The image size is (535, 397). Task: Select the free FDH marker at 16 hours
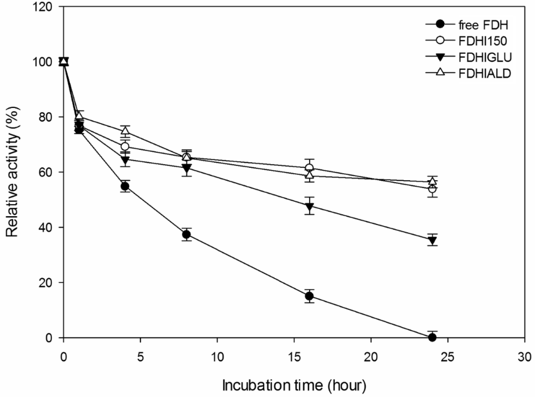(309, 296)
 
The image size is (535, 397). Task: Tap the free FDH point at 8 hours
(187, 235)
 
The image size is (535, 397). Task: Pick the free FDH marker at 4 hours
(125, 186)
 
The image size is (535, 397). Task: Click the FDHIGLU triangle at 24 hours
(432, 240)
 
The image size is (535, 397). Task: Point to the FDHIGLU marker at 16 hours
(309, 207)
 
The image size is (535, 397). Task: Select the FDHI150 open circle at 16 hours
(309, 168)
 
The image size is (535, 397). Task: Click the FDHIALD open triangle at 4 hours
(125, 131)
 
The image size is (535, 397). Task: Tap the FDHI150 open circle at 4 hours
(125, 146)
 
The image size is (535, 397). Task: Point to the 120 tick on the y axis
(46, 7)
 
